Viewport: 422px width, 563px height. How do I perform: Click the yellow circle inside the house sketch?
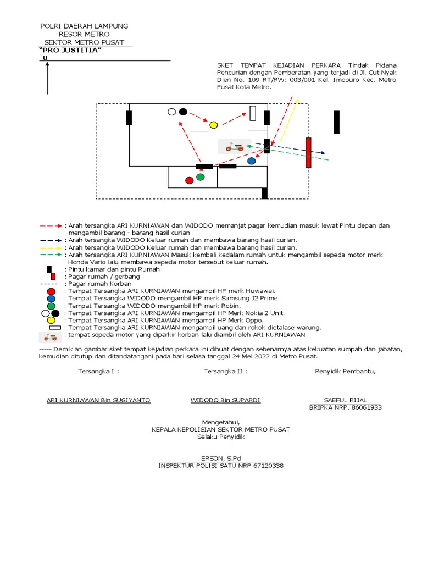tap(213, 125)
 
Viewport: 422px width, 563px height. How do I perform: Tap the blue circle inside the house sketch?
tap(252, 161)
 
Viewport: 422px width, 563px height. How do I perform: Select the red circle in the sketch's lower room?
tap(190, 180)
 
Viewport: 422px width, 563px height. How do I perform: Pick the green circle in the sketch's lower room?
tap(201, 177)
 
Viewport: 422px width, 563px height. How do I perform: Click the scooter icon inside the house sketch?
tap(235, 146)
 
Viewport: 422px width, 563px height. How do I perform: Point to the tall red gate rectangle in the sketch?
tap(308, 152)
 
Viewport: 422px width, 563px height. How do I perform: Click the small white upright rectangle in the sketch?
tap(253, 113)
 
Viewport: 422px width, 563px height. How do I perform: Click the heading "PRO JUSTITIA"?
tap(71, 51)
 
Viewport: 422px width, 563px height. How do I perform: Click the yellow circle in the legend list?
tap(51, 321)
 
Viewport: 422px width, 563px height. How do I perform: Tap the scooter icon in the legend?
tap(51, 336)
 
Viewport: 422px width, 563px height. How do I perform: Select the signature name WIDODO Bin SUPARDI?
tap(225, 400)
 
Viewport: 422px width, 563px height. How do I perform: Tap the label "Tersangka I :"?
tap(98, 371)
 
